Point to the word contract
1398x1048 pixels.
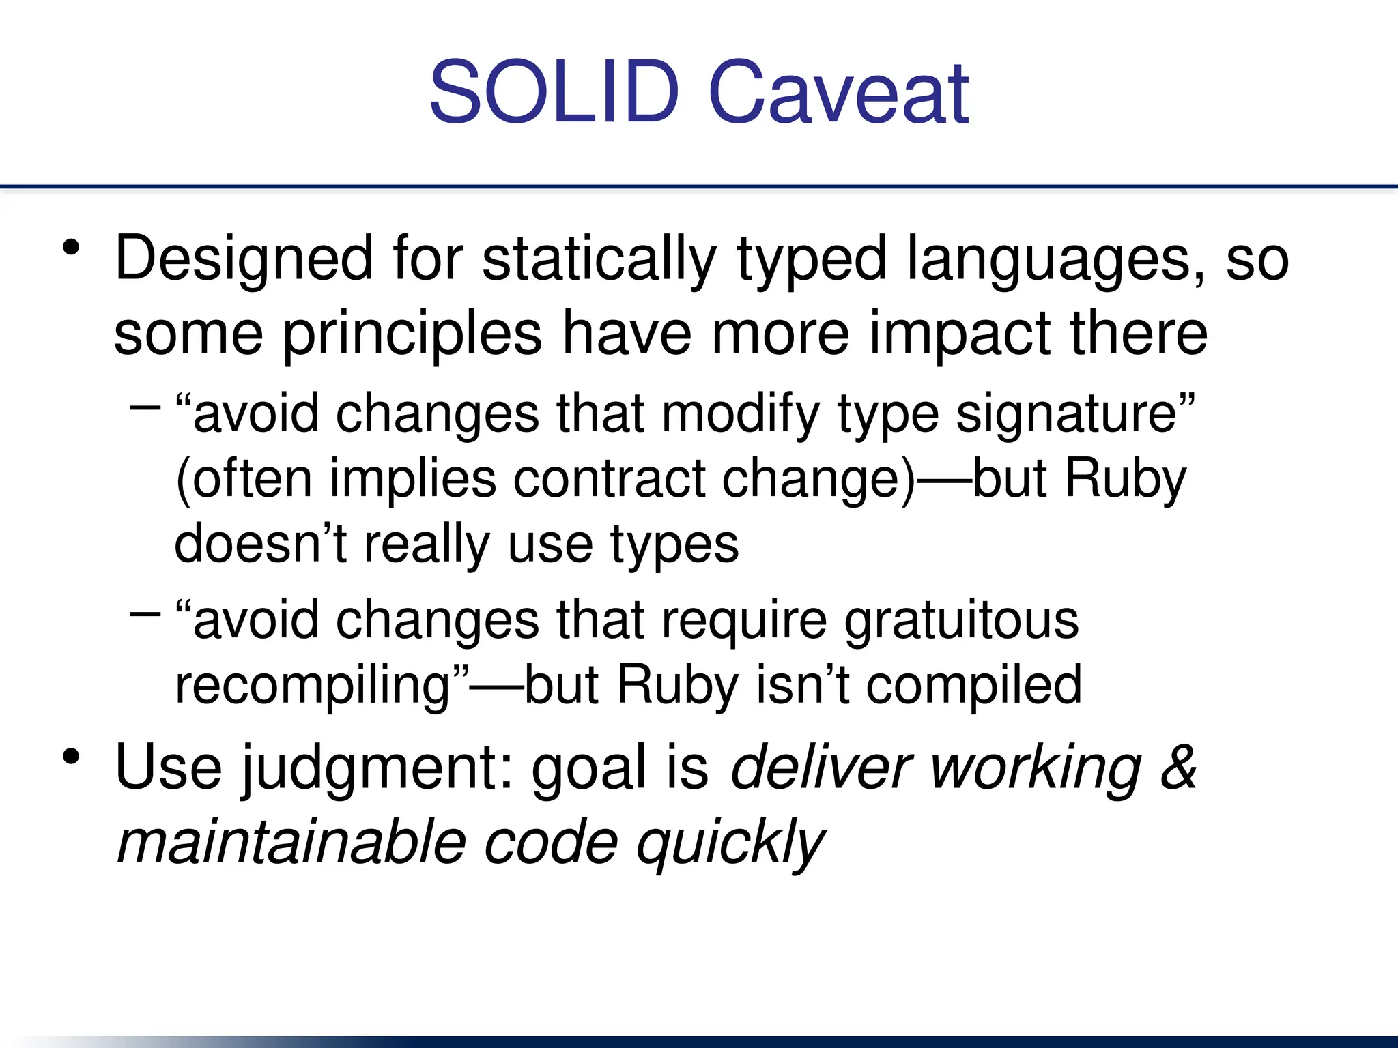(x=609, y=480)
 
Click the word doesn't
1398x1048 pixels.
(x=261, y=544)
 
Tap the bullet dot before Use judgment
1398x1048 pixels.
(x=71, y=757)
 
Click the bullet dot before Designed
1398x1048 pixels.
(x=71, y=247)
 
